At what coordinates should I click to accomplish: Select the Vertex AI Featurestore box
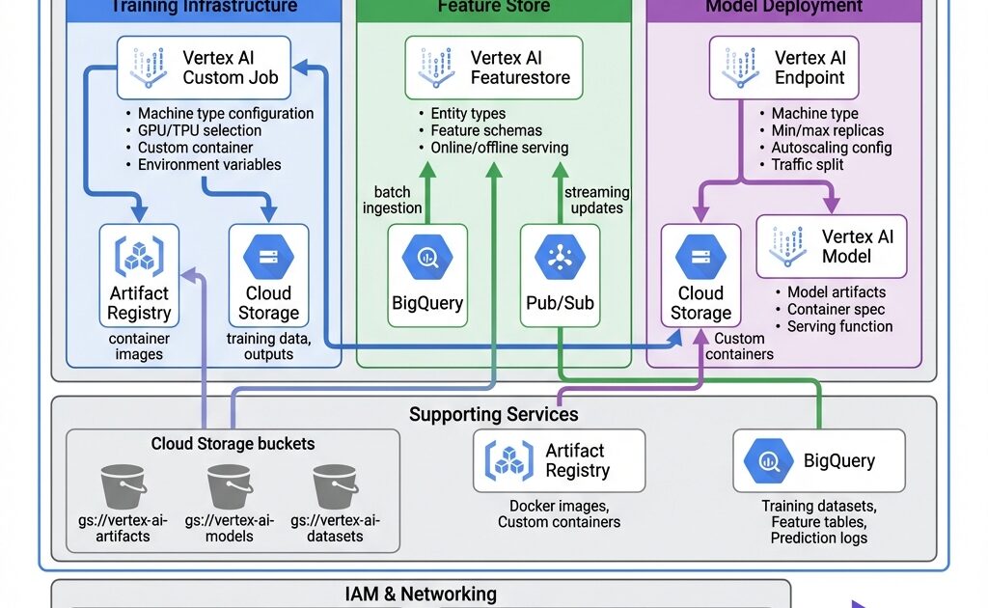pos(494,68)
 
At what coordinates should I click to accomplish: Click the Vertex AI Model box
pos(832,246)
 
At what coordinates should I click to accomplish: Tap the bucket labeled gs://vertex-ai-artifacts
pos(123,488)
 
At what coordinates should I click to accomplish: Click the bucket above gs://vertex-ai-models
pos(230,488)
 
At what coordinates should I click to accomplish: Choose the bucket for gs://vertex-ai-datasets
pos(335,488)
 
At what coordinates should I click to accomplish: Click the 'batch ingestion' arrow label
pos(393,200)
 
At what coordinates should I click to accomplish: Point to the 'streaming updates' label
pos(596,200)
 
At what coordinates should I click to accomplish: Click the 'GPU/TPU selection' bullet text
pos(200,130)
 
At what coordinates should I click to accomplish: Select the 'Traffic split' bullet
pos(808,164)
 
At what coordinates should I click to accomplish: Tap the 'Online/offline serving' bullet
pos(499,148)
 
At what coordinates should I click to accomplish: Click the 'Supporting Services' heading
pos(494,415)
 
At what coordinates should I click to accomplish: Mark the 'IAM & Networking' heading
pos(421,594)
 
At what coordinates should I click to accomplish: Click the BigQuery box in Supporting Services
pos(819,461)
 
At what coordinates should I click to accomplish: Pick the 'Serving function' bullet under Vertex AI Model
pos(839,326)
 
